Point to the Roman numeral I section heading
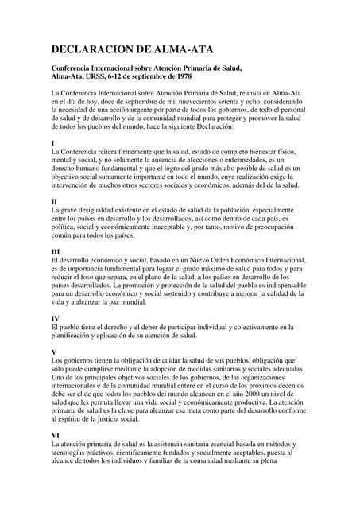[x=52, y=142]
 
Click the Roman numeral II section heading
[x=54, y=202]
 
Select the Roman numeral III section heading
[x=56, y=252]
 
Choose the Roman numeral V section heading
[x=53, y=351]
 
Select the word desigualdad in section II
[x=99, y=211]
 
